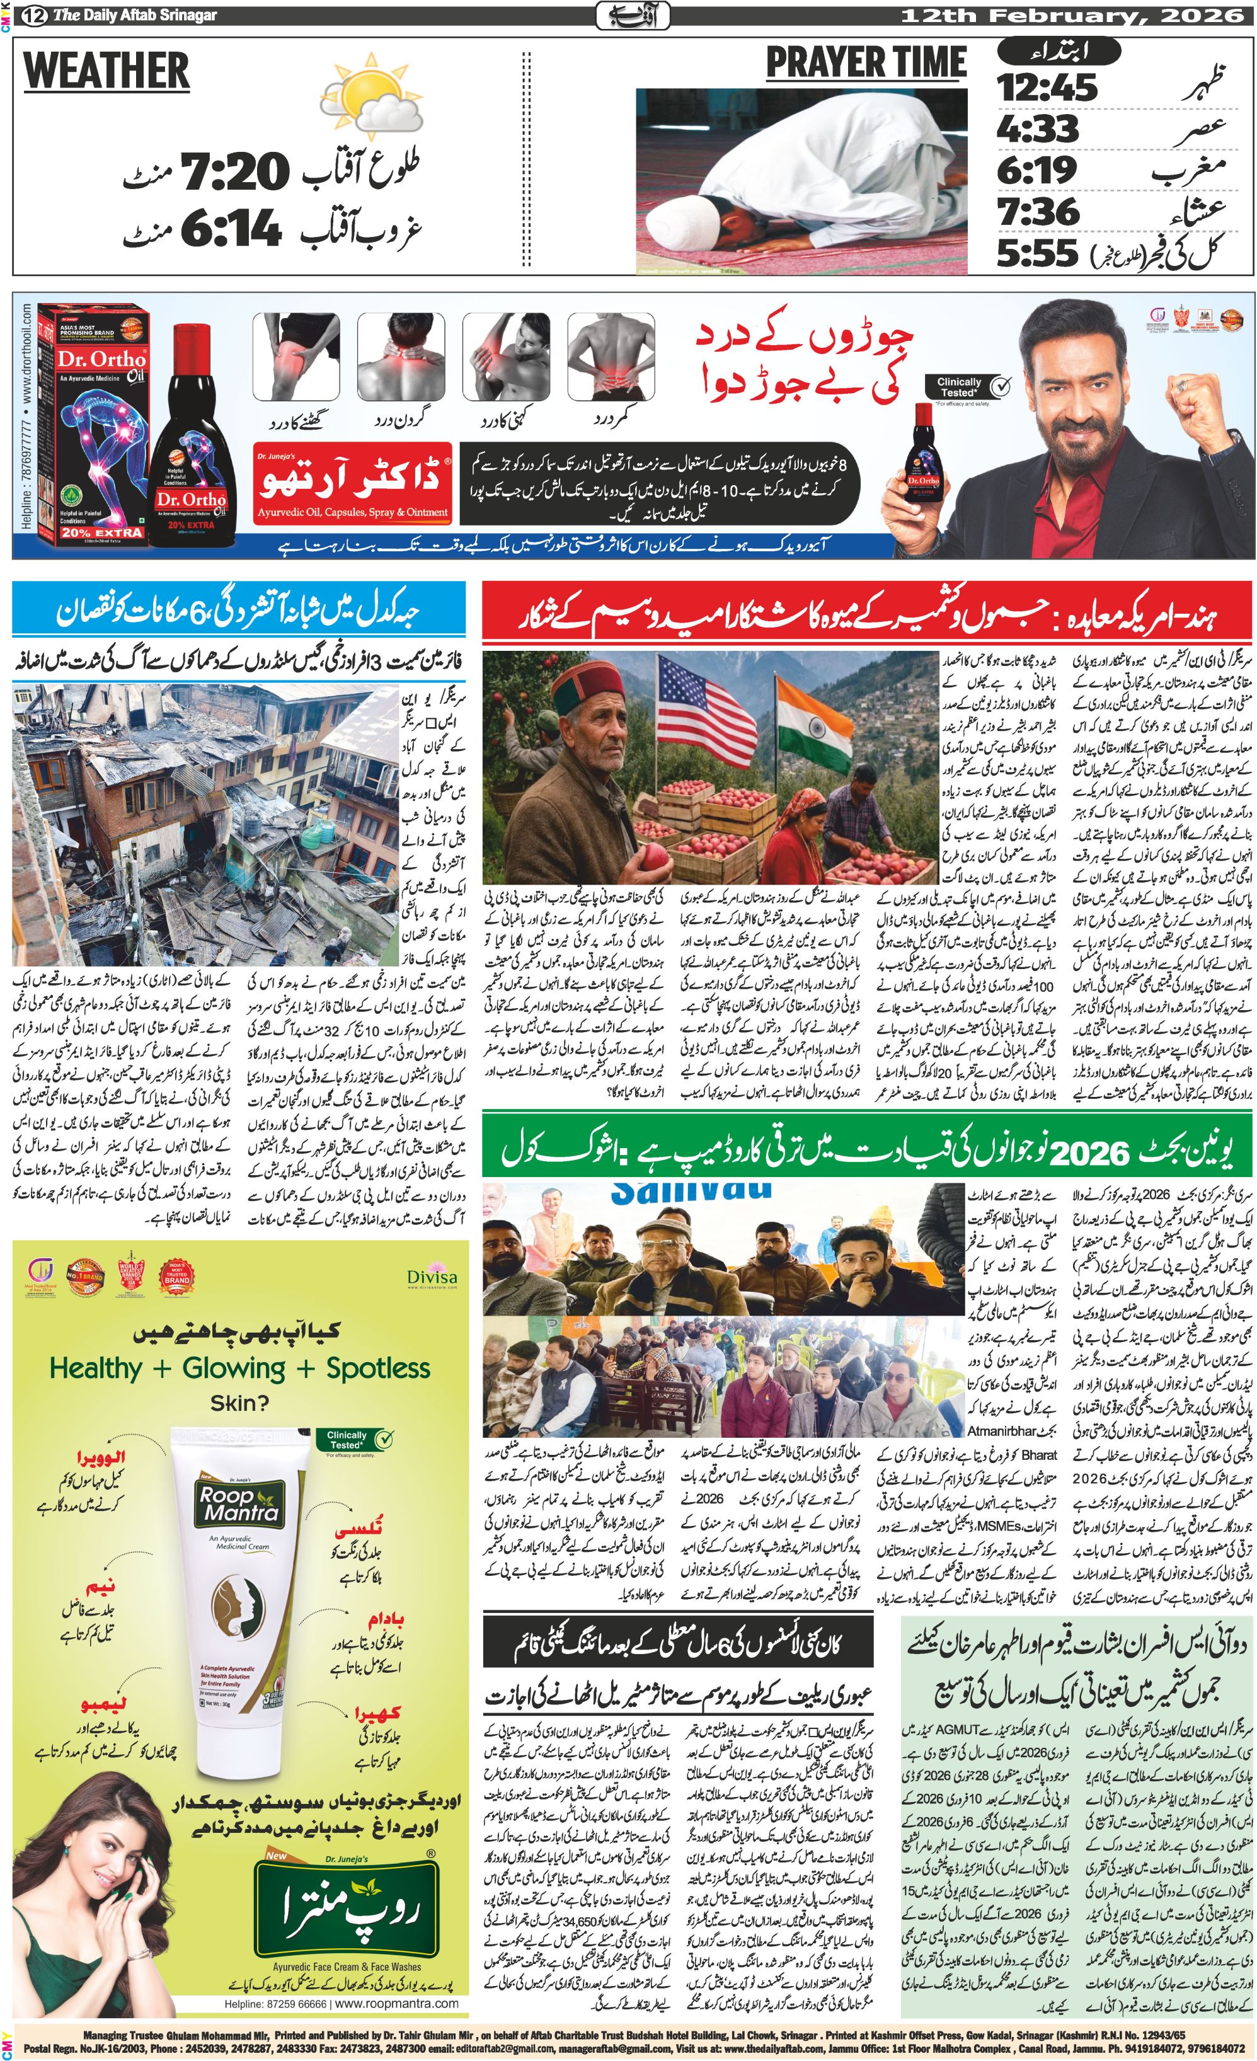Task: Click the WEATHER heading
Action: (x=106, y=71)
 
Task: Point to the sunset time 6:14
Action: (x=230, y=227)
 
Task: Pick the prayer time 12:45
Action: (x=1047, y=88)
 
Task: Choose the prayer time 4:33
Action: (x=1037, y=129)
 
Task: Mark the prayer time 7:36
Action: (x=1037, y=212)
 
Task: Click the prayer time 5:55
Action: (x=1037, y=252)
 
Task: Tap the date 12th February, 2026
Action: (x=1071, y=15)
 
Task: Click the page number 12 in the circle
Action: (x=33, y=15)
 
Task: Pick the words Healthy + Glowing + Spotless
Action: (x=239, y=1369)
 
